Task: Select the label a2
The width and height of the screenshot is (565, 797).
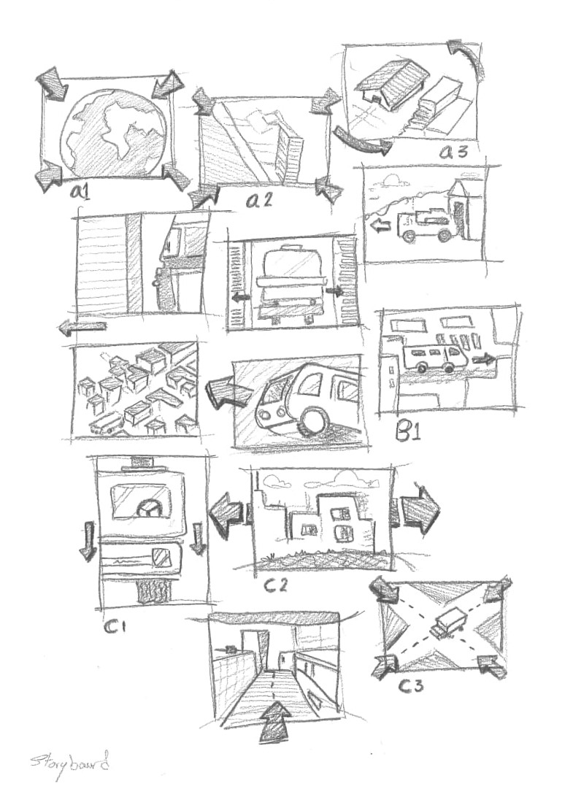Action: pos(258,199)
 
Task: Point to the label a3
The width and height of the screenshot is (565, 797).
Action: pos(458,151)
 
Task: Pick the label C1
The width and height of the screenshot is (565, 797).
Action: pos(116,625)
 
